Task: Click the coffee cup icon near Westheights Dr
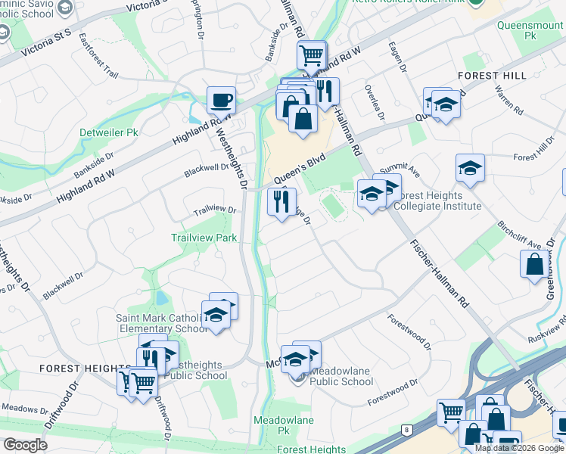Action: click(x=221, y=99)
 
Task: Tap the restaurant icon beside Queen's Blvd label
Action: click(x=281, y=201)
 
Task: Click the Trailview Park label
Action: click(x=204, y=238)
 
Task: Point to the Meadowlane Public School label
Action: click(x=336, y=381)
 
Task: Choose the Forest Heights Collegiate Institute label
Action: click(x=434, y=200)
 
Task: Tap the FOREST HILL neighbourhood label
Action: click(x=492, y=76)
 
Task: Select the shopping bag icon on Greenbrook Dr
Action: click(x=534, y=263)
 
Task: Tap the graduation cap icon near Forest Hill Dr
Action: click(x=470, y=169)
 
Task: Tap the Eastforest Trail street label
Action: click(x=98, y=51)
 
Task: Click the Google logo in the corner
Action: click(x=26, y=445)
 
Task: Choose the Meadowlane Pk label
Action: click(x=273, y=424)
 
